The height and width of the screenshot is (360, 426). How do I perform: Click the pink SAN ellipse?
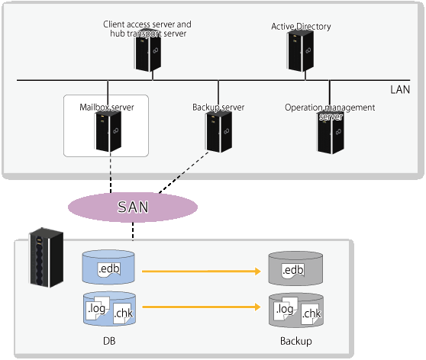coord(133,207)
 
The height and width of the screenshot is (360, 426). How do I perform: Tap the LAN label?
coord(400,89)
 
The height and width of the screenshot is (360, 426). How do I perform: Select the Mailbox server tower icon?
coord(108,132)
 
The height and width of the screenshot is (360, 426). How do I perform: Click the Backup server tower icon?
coord(219,132)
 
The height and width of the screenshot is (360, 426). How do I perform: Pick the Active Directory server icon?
coord(301,51)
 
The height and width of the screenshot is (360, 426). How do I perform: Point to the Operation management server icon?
coord(331,133)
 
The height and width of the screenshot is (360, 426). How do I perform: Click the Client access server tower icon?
coord(148,50)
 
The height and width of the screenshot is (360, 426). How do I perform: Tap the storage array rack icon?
coord(46,257)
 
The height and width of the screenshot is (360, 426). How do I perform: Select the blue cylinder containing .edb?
coord(108,267)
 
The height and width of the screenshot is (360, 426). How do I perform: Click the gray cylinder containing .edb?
coord(295,268)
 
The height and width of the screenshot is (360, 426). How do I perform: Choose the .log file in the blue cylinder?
coord(98,308)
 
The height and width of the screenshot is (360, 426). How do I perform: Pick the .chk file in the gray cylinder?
coord(311,313)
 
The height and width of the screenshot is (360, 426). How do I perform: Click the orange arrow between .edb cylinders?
coord(202,271)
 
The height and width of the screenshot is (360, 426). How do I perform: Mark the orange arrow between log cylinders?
coord(202,307)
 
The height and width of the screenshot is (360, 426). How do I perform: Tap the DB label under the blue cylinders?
coord(109,341)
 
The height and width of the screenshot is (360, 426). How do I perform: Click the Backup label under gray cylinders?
coord(296,341)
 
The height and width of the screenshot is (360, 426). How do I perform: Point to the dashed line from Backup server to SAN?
coord(183,172)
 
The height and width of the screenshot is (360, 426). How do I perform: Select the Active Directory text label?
coord(301,27)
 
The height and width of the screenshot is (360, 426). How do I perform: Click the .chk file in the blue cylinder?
coord(124,313)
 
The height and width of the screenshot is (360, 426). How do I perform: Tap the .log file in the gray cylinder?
coord(286,308)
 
